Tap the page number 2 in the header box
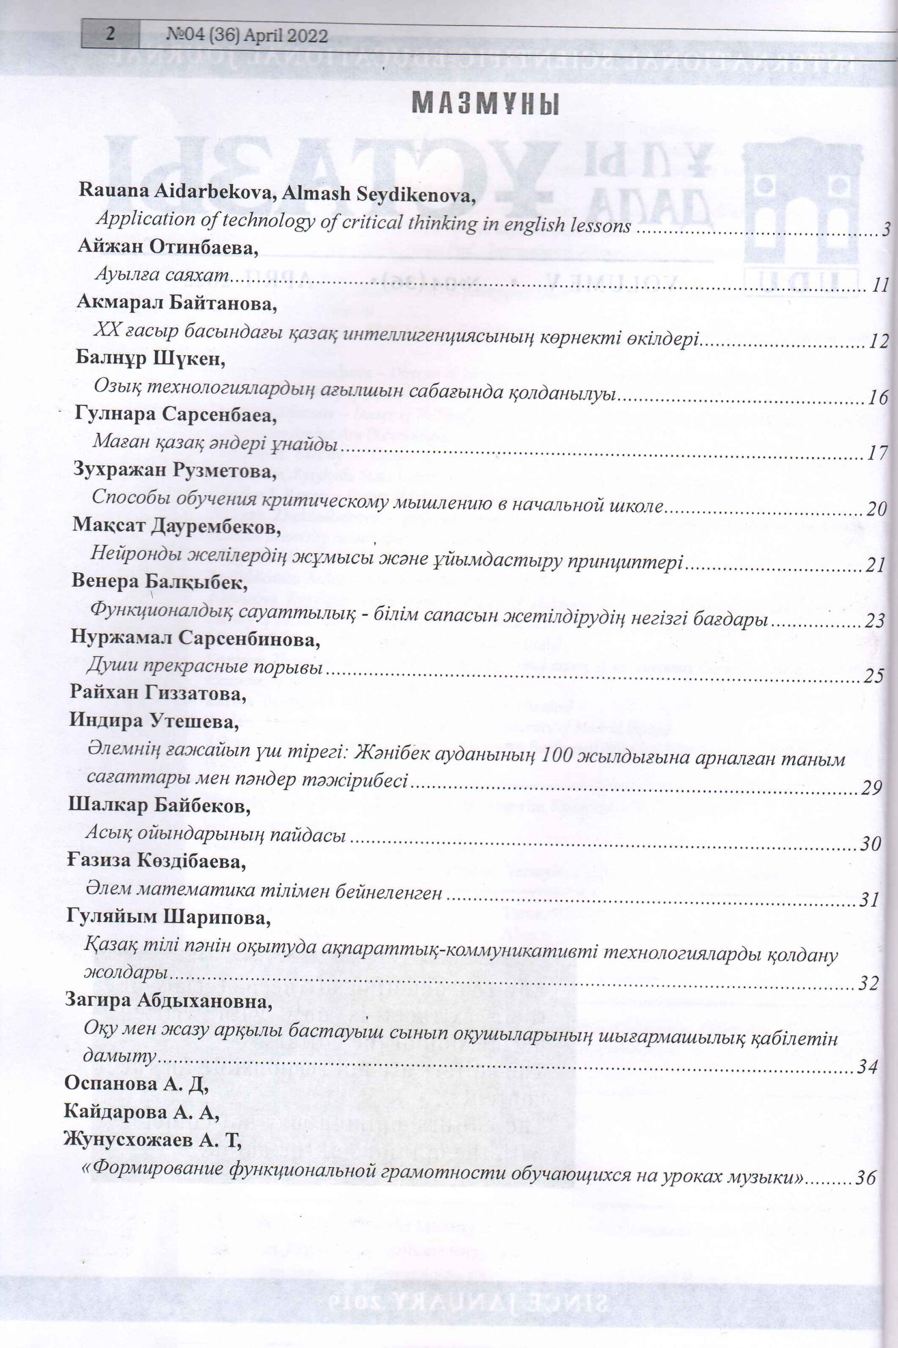point(110,34)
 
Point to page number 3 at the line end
point(885,230)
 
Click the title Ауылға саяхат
point(162,274)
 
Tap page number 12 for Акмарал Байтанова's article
point(878,342)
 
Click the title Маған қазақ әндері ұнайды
point(215,443)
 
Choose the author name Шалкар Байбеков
point(159,806)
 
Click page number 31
point(870,900)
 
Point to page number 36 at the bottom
point(865,1162)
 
